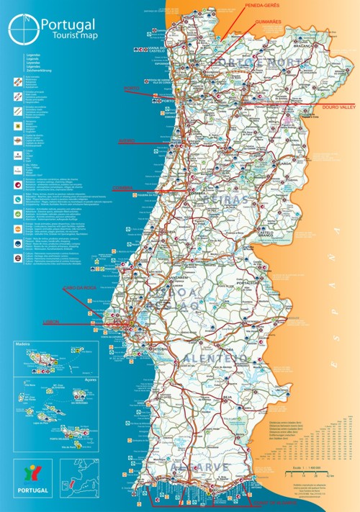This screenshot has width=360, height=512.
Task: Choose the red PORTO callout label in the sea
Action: (132, 89)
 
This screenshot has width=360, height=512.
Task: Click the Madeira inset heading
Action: (23, 344)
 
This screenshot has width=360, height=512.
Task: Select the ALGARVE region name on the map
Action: (199, 468)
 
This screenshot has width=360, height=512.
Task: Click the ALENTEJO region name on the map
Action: (216, 358)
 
